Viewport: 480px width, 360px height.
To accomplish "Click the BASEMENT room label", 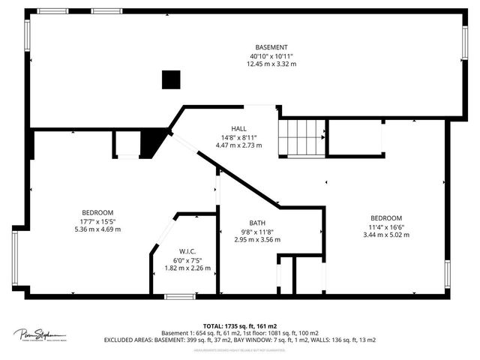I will pyautogui.click(x=271, y=47).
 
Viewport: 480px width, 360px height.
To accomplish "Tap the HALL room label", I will pyautogui.click(x=238, y=128).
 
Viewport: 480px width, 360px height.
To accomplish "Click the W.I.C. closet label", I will pyautogui.click(x=187, y=251).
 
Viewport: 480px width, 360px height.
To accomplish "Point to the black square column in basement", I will pyautogui.click(x=172, y=79).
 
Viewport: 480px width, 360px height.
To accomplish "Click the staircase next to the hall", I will pyautogui.click(x=302, y=137).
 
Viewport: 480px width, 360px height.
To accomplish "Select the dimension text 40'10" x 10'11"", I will pyautogui.click(x=271, y=56).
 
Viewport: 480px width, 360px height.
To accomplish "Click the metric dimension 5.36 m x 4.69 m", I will pyautogui.click(x=97, y=229).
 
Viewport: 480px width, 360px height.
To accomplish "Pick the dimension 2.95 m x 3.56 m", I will pyautogui.click(x=258, y=240).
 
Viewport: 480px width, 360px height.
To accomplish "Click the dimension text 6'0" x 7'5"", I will pyautogui.click(x=187, y=259).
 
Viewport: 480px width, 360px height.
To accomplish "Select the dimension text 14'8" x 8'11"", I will pyautogui.click(x=238, y=136).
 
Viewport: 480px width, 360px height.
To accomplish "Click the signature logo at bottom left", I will pyautogui.click(x=39, y=334).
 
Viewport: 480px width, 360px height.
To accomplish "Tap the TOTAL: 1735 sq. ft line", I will pyautogui.click(x=240, y=325).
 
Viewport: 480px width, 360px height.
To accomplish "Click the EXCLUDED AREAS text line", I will pyautogui.click(x=240, y=340).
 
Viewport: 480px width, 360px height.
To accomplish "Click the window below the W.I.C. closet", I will pyautogui.click(x=180, y=297).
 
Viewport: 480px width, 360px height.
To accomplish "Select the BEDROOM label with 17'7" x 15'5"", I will pyautogui.click(x=97, y=212).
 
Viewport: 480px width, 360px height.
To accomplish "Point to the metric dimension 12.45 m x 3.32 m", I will pyautogui.click(x=271, y=64).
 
